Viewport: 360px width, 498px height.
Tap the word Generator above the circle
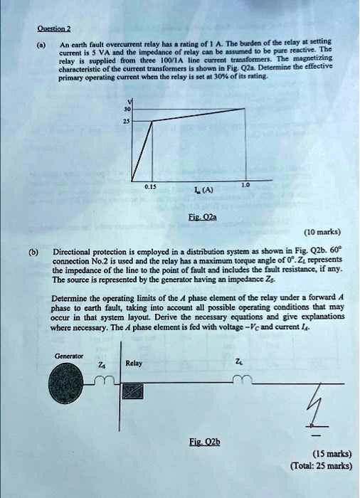[69, 356]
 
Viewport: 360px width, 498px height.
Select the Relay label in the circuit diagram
[134, 363]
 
